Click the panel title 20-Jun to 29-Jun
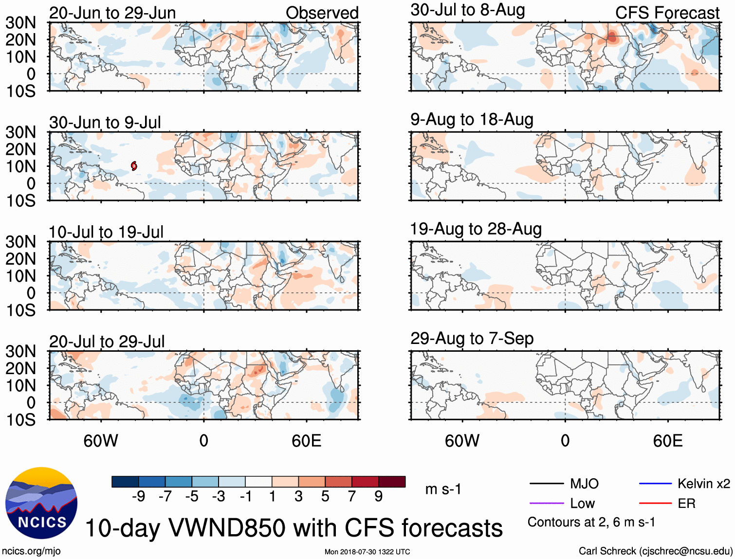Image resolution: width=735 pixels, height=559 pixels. (112, 13)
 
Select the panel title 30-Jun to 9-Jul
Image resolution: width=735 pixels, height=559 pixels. (105, 122)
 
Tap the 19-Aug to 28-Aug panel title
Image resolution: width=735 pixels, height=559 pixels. (476, 229)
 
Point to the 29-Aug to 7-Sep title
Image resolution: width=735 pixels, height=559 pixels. (472, 338)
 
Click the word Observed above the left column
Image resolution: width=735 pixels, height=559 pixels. (322, 13)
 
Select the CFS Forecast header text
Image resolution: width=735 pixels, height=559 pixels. (667, 13)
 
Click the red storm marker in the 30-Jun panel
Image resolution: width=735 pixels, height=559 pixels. (134, 166)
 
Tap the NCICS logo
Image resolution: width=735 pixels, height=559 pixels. (41, 503)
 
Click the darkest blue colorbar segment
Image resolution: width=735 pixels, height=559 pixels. (125, 482)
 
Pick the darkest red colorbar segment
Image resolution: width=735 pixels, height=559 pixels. (392, 482)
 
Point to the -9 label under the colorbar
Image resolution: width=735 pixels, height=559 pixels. (138, 496)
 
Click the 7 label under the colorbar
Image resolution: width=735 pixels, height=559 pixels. (352, 496)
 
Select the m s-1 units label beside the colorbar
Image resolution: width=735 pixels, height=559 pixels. (443, 489)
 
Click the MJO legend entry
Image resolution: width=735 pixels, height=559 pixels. (584, 484)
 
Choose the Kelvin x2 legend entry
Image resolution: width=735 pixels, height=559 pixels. (703, 484)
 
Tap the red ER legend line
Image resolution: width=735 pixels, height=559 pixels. (655, 504)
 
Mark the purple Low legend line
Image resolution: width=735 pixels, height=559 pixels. (546, 504)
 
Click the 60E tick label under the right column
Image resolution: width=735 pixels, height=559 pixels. (667, 441)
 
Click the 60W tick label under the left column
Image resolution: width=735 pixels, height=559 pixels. (101, 441)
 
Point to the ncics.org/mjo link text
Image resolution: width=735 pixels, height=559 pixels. (31, 551)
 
